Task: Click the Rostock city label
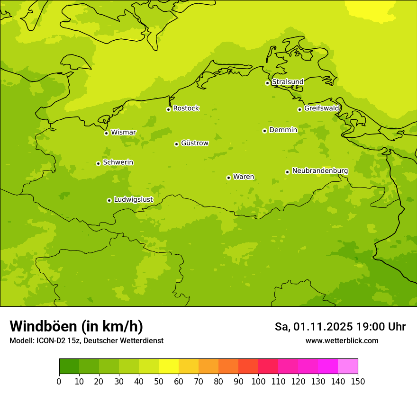point(186,108)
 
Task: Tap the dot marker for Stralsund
point(267,83)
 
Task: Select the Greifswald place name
point(321,108)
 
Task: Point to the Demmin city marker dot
point(264,131)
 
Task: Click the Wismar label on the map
point(123,132)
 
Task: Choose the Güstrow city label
point(194,143)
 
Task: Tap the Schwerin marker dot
point(98,163)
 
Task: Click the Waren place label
point(243,177)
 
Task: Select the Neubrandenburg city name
point(320,171)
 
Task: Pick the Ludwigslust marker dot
point(109,200)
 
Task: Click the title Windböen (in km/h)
point(76,326)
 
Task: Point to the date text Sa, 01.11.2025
point(314,327)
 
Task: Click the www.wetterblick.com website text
point(342,341)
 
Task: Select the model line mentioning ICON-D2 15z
point(86,341)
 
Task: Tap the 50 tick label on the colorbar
point(159,382)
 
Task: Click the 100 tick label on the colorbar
point(258,382)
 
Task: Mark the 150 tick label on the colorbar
point(358,382)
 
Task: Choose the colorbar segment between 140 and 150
point(348,366)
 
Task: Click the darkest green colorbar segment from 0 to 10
point(69,366)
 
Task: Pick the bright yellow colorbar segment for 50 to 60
point(169,366)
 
